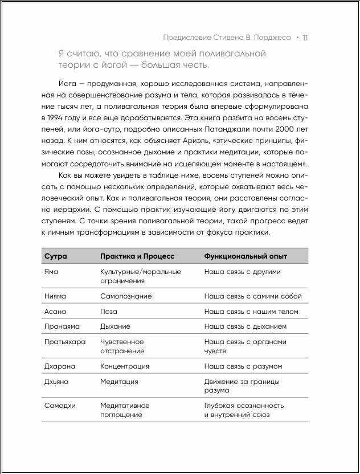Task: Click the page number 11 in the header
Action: click(x=305, y=38)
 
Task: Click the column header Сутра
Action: click(x=55, y=256)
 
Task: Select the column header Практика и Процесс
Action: click(x=137, y=256)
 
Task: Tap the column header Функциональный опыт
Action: click(x=246, y=256)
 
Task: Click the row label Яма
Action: click(x=51, y=272)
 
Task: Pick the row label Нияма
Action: click(x=55, y=296)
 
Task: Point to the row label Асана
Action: click(x=55, y=312)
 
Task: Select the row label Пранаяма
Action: click(x=62, y=326)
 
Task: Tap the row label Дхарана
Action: click(x=59, y=366)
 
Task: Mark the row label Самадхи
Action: click(x=60, y=406)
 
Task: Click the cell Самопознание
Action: click(x=126, y=296)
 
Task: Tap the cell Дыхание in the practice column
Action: click(x=115, y=326)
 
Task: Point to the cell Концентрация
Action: click(x=125, y=366)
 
